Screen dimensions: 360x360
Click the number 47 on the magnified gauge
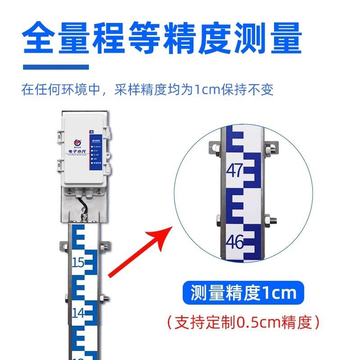[235, 170]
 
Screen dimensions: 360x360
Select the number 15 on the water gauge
[78, 262]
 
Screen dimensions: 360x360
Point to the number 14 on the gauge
[78, 312]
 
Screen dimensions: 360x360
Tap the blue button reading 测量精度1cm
[243, 293]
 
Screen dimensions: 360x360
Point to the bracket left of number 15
[64, 247]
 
